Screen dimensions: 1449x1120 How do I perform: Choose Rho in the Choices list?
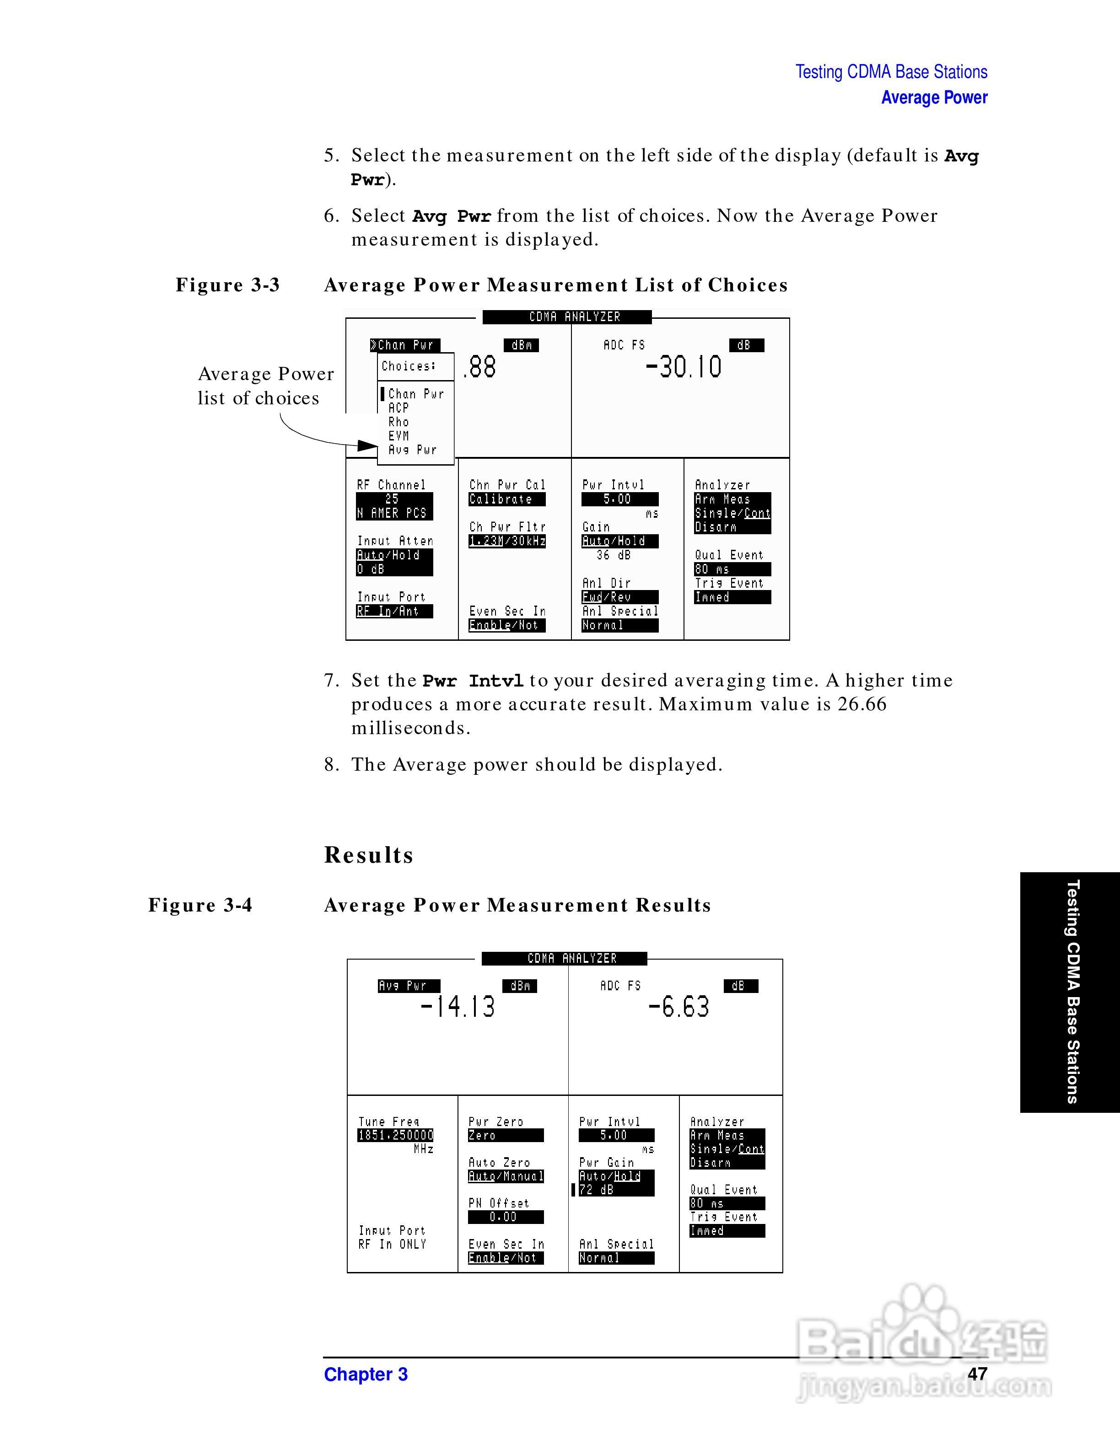pyautogui.click(x=399, y=422)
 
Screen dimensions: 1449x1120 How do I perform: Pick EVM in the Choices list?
pyautogui.click(x=399, y=436)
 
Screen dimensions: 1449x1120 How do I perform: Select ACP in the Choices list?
pyautogui.click(x=399, y=408)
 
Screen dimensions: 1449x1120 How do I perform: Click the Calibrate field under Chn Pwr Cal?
pyautogui.click(x=506, y=499)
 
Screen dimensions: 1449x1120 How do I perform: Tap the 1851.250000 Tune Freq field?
pyautogui.click(x=395, y=1135)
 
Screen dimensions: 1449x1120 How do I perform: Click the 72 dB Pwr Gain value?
pyautogui.click(x=616, y=1190)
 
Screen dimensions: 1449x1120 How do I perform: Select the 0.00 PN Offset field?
pyautogui.click(x=505, y=1217)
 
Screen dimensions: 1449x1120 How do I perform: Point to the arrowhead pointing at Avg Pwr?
pyautogui.click(x=367, y=445)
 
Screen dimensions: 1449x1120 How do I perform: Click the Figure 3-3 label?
pyautogui.click(x=227, y=285)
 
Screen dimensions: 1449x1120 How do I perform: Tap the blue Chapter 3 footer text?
pyautogui.click(x=366, y=1374)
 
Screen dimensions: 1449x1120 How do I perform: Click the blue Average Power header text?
pyautogui.click(x=933, y=97)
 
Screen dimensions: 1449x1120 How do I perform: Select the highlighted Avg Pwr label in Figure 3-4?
pyautogui.click(x=408, y=986)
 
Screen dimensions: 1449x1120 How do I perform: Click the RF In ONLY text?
pyautogui.click(x=392, y=1245)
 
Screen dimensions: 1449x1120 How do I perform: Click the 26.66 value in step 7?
pyautogui.click(x=861, y=704)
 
